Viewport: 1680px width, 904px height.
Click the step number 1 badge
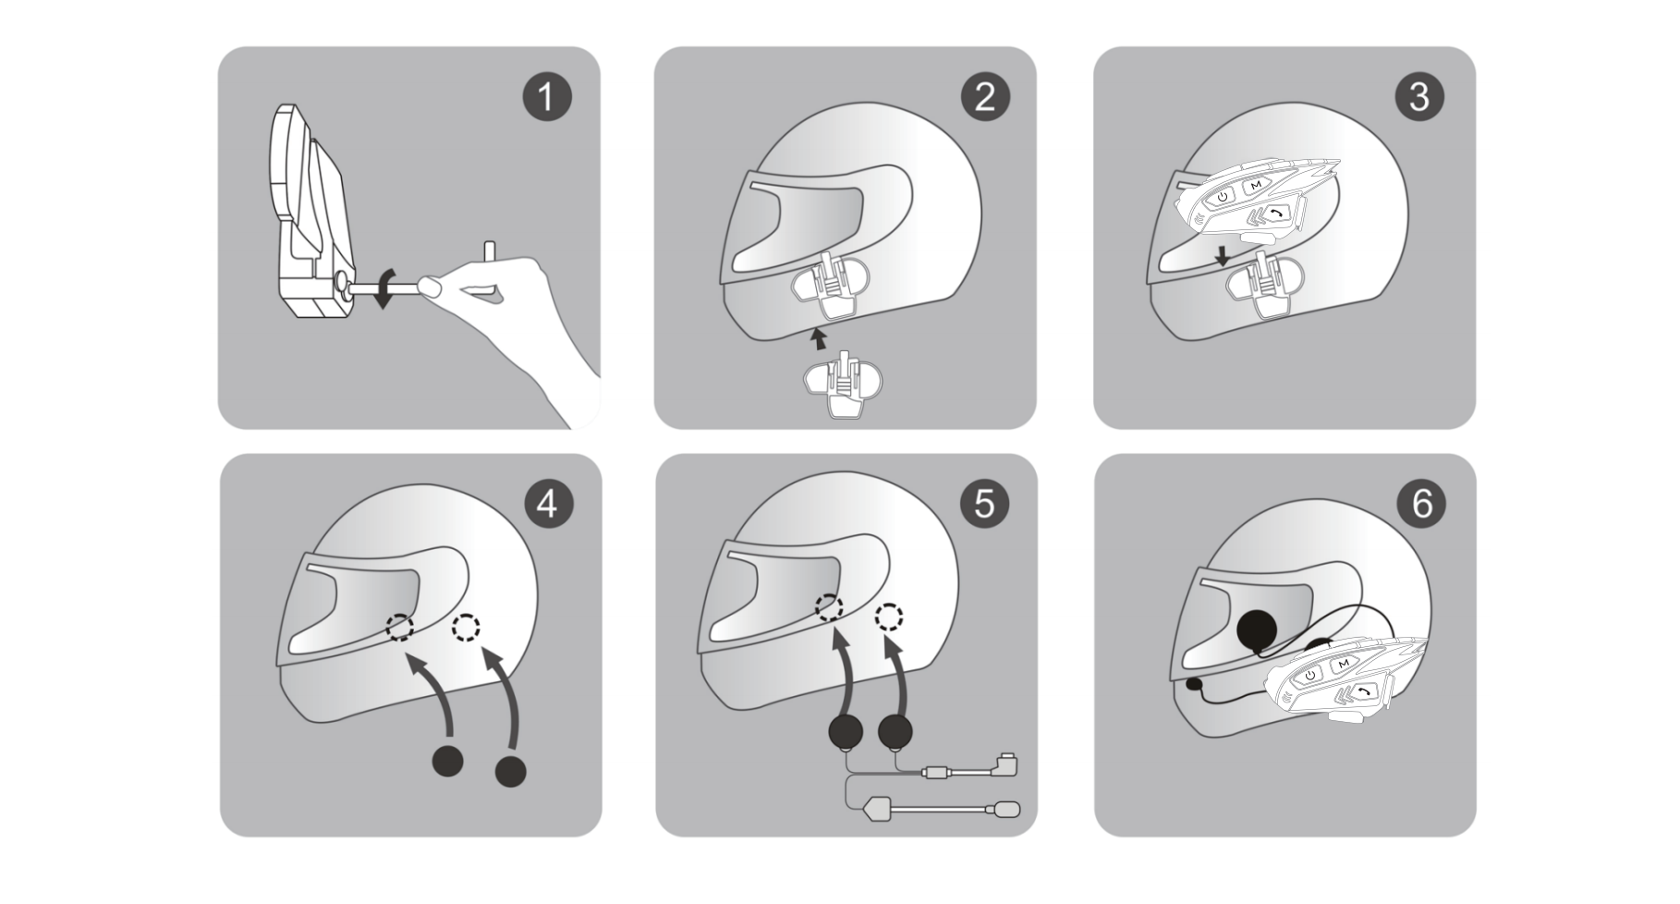547,97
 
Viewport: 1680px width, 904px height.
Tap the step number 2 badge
985,97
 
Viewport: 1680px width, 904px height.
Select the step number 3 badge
1419,97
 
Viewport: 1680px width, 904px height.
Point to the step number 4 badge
548,505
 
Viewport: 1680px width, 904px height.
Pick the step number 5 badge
984,505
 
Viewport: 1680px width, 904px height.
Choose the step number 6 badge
1421,505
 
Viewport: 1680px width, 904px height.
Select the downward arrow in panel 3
1223,256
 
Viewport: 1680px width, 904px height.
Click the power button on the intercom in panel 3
1222,196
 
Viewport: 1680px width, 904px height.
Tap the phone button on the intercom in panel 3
1278,214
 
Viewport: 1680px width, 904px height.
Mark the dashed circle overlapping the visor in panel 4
400,628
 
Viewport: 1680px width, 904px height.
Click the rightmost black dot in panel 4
510,771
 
